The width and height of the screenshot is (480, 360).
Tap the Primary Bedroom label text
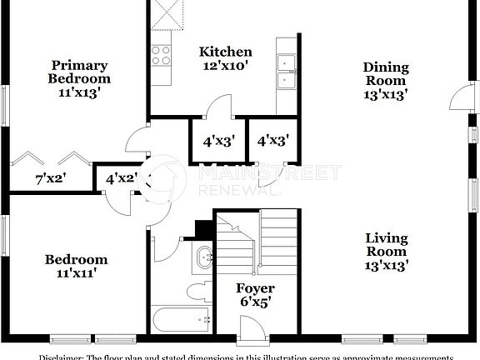[x=79, y=72]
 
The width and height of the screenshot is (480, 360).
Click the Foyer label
[x=255, y=288]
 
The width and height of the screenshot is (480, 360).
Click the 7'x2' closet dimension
[x=50, y=177]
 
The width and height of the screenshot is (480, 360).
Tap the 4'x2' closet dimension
[x=121, y=177]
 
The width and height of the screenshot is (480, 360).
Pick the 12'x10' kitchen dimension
[x=224, y=64]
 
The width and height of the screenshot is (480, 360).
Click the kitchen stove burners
[x=161, y=56]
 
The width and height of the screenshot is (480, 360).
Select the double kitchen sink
[x=287, y=71]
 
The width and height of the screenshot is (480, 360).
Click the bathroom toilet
[x=200, y=291]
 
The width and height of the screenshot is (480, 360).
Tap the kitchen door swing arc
[x=218, y=107]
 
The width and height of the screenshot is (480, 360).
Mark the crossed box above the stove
[x=161, y=13]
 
